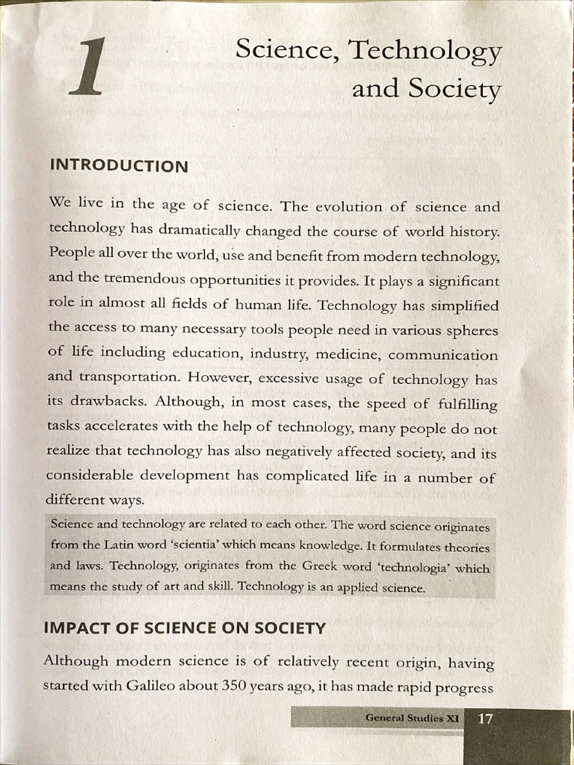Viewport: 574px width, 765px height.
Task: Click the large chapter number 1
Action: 88,68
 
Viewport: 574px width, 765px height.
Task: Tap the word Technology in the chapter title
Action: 425,50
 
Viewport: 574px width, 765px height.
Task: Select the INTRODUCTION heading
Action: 119,166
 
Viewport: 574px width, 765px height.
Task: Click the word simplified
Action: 463,306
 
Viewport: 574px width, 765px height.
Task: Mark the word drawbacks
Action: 105,401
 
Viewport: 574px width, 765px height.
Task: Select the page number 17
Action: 485,719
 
